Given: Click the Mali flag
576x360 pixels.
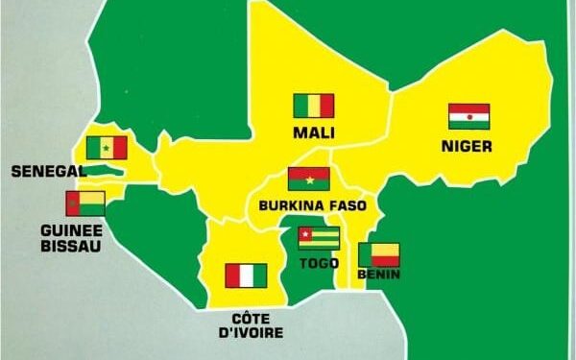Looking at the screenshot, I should coord(313,106).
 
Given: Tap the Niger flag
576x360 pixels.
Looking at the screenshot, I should coord(469,116).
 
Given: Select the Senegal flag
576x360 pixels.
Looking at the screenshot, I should coord(106,148).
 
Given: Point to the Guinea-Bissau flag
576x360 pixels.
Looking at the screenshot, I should coord(84,204).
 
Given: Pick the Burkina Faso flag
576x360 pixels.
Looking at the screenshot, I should coord(309,180).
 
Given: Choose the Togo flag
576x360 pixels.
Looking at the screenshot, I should coord(319,238).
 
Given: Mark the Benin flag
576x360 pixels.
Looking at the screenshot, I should coord(378,254).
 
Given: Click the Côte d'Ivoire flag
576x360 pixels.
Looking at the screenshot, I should coord(246,276).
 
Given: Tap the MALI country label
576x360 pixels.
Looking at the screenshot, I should coord(314,132).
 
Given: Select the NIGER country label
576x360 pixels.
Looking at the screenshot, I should coord(468,147).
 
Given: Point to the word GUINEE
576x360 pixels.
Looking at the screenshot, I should coord(71,231).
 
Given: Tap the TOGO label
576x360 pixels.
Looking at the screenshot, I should coord(320,261).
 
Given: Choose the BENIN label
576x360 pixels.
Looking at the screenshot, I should coord(378,276).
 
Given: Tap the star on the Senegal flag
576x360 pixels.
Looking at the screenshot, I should coord(106,149).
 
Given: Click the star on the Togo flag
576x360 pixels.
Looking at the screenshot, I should coord(306,233).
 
